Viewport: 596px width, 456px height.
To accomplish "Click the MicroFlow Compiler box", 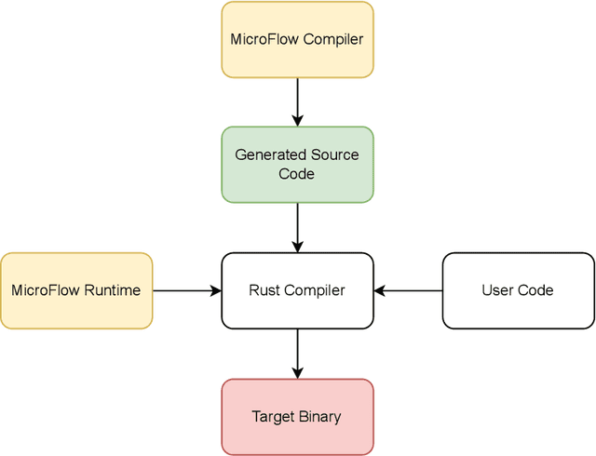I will coord(297,39).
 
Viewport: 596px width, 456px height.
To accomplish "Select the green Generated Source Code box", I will coord(297,165).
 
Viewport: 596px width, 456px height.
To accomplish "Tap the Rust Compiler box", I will coord(297,290).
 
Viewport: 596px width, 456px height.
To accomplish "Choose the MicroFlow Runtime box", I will coord(76,290).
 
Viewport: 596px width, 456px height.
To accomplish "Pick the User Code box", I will coord(517,290).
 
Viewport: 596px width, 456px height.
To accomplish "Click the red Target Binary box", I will coord(297,416).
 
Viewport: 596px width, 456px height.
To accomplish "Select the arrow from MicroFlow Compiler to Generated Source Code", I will coord(297,101).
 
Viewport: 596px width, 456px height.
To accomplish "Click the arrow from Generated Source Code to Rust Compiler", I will coord(297,226).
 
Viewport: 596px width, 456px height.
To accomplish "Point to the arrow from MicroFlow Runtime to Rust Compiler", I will coord(186,290).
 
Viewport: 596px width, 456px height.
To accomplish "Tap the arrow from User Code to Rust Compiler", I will coord(408,290).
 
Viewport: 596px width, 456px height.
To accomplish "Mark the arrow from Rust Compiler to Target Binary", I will coord(297,353).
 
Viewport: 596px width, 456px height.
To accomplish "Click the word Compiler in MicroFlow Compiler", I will coord(332,39).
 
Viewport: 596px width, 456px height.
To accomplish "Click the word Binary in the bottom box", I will coord(320,416).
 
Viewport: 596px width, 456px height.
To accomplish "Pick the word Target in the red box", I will coord(273,416).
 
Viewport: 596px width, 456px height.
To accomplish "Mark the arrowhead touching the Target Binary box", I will coord(297,373).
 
